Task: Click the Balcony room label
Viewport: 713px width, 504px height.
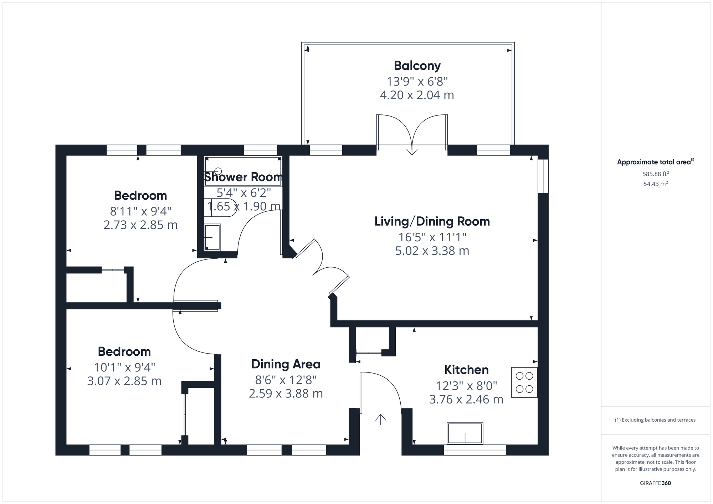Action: tap(417, 66)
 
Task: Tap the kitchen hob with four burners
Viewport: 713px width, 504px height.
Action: tap(524, 382)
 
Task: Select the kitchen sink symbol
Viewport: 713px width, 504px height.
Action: tap(465, 433)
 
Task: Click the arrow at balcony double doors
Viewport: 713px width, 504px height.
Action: tap(412, 151)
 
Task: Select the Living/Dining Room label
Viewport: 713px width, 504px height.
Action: tap(432, 221)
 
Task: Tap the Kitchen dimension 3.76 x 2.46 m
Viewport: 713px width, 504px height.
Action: tap(466, 400)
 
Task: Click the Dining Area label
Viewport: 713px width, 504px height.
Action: tap(286, 364)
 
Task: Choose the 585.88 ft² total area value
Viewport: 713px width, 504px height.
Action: tap(655, 174)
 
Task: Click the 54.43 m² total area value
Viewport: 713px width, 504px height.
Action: tap(655, 184)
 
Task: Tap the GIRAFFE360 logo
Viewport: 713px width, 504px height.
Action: tap(655, 483)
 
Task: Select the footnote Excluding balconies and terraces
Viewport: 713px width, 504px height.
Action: tap(655, 420)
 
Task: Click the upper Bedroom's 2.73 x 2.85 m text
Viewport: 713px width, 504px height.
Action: tap(140, 225)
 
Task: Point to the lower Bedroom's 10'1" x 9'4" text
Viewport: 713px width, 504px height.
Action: tap(124, 367)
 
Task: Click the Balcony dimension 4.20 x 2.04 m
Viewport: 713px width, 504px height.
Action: tap(417, 95)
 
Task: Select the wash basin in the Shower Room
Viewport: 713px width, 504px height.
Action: tap(212, 237)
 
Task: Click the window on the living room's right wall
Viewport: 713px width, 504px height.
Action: tap(543, 176)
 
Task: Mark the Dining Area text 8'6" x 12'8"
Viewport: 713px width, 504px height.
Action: tap(286, 380)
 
